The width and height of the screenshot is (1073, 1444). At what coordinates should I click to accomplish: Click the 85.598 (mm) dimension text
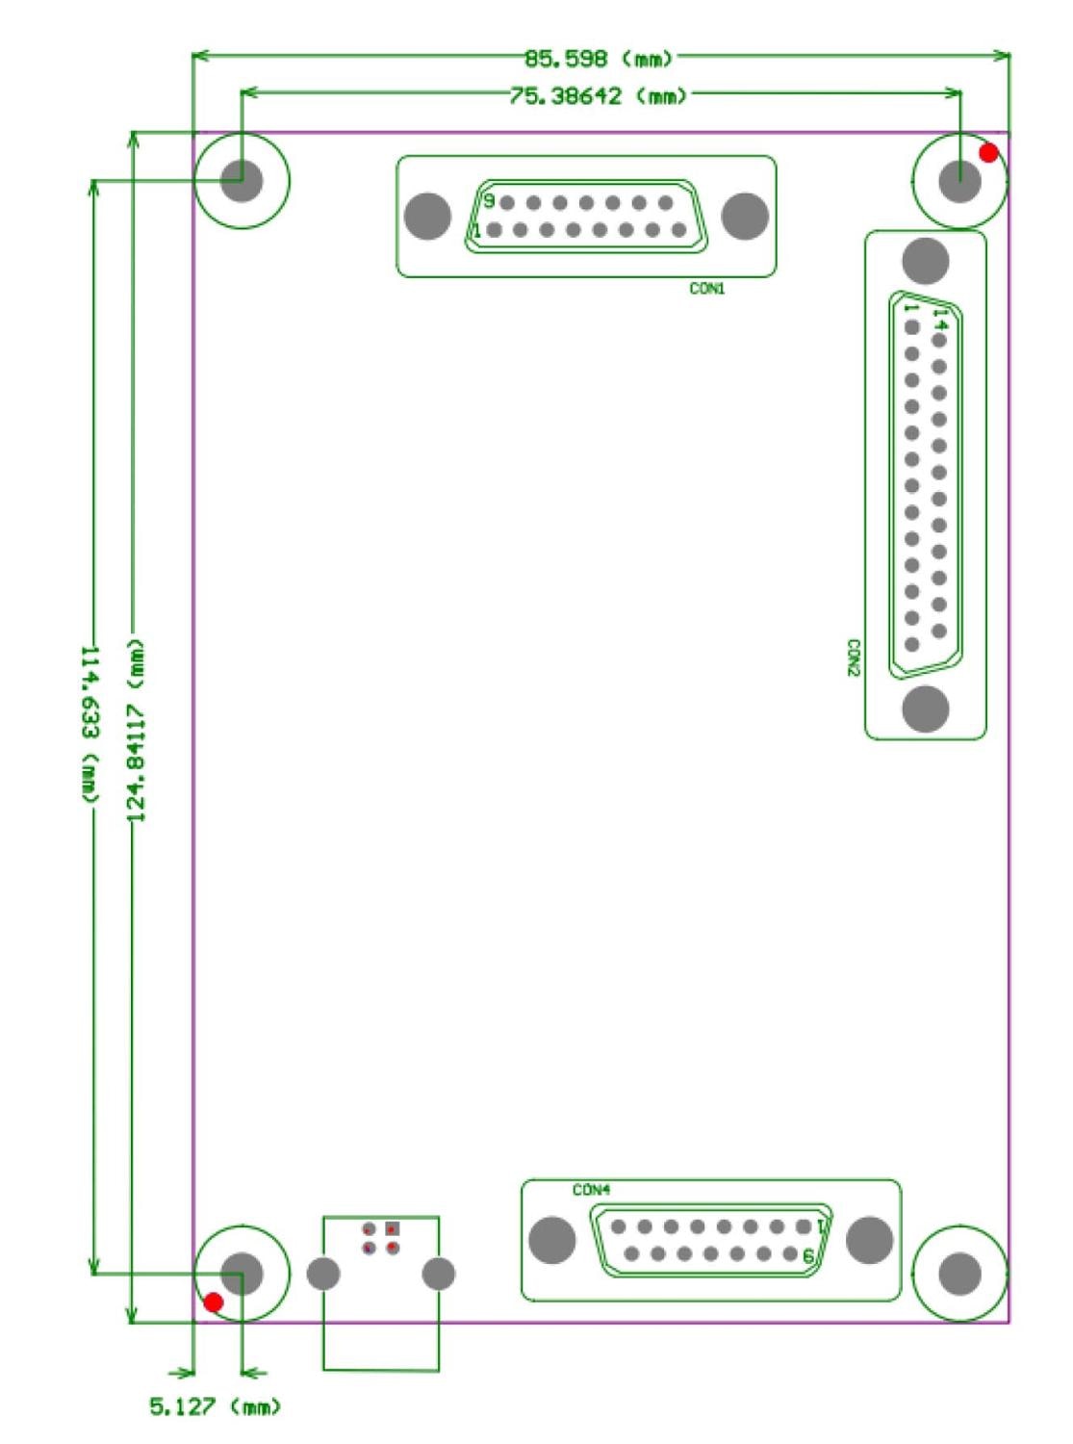click(x=598, y=60)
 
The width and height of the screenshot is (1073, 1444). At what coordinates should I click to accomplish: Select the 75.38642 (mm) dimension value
click(x=597, y=96)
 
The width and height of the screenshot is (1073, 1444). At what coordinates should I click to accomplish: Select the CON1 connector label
click(x=706, y=289)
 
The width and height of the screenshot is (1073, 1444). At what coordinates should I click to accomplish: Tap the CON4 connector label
click(x=591, y=1190)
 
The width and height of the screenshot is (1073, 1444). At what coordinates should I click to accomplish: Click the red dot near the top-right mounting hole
click(x=987, y=153)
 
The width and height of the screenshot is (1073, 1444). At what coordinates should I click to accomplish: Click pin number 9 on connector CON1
click(x=488, y=200)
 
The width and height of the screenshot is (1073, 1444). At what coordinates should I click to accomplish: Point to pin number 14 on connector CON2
click(x=939, y=319)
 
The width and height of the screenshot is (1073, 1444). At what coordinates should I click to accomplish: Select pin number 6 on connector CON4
click(x=808, y=1256)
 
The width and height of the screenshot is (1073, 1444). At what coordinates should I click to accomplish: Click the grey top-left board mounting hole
click(x=242, y=181)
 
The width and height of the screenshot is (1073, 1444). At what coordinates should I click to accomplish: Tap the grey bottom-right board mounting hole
click(x=959, y=1274)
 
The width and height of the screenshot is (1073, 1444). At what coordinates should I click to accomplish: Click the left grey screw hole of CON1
click(x=428, y=217)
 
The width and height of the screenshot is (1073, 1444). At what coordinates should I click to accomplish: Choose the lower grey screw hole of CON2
click(x=926, y=709)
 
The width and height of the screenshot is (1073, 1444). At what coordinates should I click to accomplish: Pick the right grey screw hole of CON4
click(x=869, y=1240)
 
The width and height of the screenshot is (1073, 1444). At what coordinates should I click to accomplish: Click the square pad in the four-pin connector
click(x=392, y=1229)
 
